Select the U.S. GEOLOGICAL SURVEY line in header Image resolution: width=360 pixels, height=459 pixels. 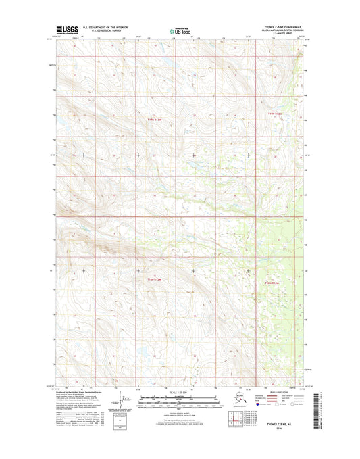pos(105,31)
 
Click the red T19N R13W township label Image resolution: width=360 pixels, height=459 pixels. pos(155,120)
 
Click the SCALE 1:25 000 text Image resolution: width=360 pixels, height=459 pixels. pos(180,393)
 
